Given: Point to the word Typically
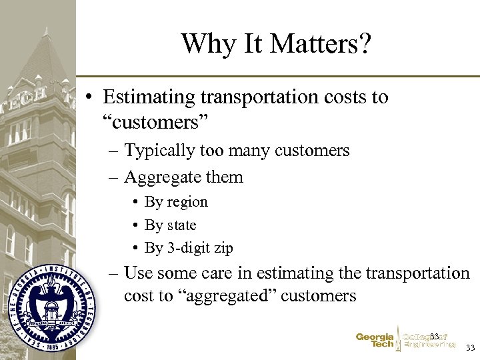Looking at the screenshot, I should coord(157,151).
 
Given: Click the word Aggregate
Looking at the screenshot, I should coord(160,177).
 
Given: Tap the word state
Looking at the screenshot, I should coord(180,225).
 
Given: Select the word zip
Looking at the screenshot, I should coord(223,248).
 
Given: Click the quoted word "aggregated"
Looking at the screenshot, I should coord(226,296).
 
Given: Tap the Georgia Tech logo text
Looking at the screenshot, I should coord(375,341).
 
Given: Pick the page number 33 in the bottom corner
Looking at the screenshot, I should coord(471,348).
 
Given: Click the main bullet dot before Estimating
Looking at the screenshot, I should coord(89,97).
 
